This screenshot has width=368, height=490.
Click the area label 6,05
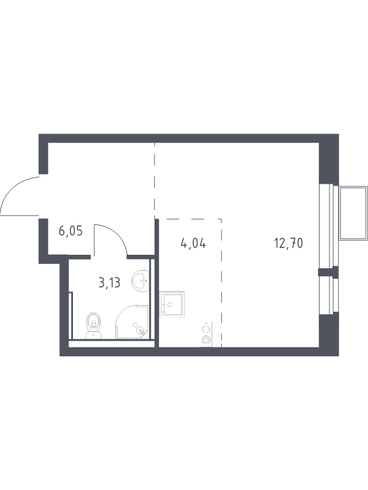71,232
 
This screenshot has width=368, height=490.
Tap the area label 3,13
109,283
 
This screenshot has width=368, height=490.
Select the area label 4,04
193,243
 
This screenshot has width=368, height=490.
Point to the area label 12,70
288,243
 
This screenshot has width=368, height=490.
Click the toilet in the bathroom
94,326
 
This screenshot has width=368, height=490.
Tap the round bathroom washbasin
140,281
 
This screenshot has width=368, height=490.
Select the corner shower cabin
132,322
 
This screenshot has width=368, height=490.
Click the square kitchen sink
172,304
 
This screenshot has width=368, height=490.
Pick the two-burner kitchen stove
206,334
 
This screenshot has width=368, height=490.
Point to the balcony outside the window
353,213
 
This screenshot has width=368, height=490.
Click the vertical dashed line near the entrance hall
155,180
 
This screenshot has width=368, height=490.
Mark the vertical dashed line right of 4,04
221,283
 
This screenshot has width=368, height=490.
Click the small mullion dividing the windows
328,272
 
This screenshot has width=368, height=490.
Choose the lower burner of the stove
206,339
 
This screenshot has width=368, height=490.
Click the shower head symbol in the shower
142,331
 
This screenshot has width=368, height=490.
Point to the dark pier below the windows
329,334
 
